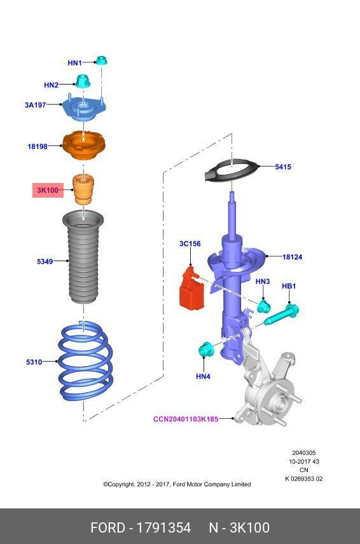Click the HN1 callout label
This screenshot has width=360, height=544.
(74, 63)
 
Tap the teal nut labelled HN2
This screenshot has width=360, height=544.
(83, 81)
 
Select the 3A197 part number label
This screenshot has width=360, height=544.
(36, 105)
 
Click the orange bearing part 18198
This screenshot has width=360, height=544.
(84, 146)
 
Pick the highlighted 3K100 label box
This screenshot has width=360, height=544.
(48, 190)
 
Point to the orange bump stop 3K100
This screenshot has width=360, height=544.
(84, 189)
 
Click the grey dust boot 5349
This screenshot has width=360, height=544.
(83, 257)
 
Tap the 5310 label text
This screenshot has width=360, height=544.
(34, 362)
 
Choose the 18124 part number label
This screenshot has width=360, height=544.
(293, 257)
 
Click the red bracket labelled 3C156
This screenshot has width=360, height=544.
(192, 287)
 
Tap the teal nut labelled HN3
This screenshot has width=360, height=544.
(264, 306)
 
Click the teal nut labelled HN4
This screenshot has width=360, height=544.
(206, 350)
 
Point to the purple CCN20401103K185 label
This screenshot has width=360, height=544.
(186, 419)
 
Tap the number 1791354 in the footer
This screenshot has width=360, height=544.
(163, 527)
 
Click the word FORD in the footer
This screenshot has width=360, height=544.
(107, 527)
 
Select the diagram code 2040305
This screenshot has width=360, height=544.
(304, 452)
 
